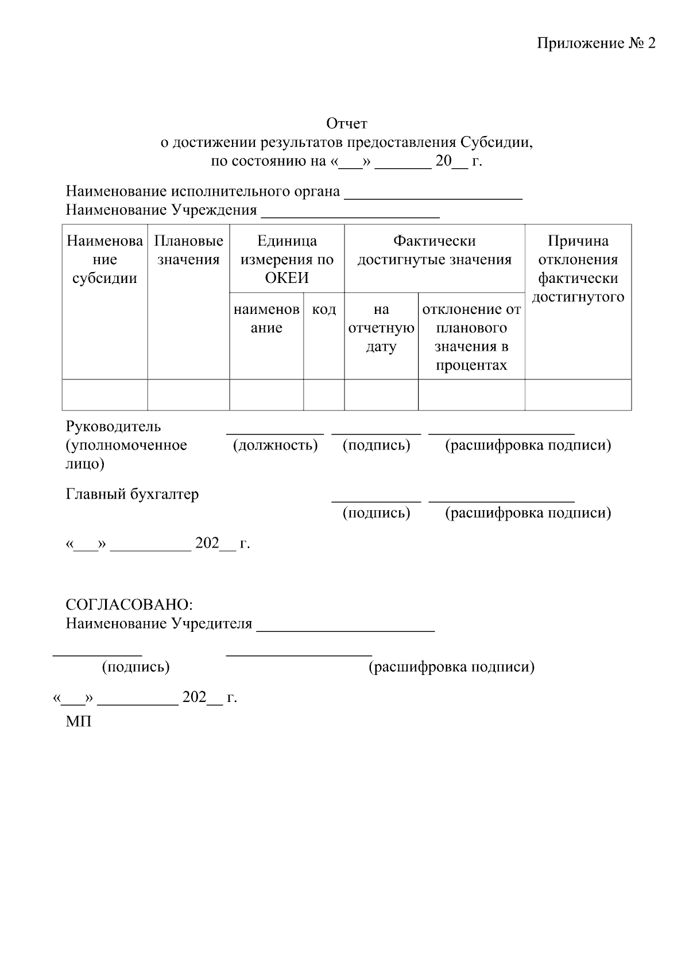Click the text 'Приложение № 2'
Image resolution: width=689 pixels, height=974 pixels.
point(595,44)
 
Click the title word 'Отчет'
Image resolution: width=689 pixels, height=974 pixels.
point(346,123)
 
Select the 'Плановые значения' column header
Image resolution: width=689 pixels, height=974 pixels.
point(188,250)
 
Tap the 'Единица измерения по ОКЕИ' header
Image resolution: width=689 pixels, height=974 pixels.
point(287,259)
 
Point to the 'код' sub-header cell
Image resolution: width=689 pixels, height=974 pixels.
point(324,310)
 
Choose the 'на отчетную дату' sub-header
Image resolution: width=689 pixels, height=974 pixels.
point(381,328)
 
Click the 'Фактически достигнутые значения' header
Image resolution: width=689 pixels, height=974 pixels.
point(434,250)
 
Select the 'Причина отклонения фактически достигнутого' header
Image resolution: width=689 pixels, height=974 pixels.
point(578,269)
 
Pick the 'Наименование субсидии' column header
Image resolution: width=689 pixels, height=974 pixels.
point(104,259)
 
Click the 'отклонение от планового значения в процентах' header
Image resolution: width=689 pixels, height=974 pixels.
point(471,337)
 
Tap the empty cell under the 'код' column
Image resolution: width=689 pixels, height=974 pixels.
point(324,395)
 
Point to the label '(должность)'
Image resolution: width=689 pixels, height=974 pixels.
point(275,445)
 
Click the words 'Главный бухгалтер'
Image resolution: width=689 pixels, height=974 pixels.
point(132,494)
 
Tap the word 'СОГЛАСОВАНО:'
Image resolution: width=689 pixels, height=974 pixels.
point(129,605)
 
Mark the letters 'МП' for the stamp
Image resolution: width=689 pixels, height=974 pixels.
point(79,722)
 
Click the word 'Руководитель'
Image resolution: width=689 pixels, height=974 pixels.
point(113,426)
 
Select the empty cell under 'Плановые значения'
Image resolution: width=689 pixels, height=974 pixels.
point(188,395)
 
